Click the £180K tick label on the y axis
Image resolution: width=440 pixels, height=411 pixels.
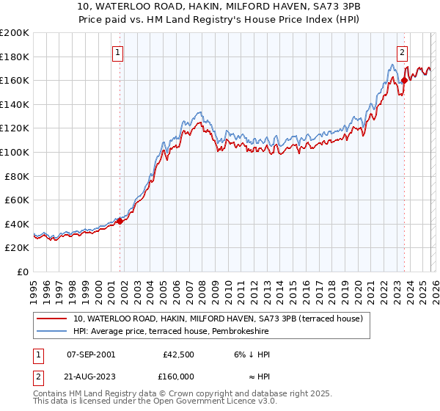tap(15, 57)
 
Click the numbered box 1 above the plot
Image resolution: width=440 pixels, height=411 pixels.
tap(118, 52)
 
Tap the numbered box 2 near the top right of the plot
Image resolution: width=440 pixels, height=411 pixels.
tap(403, 52)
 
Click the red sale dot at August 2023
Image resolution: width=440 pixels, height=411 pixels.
tap(404, 80)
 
